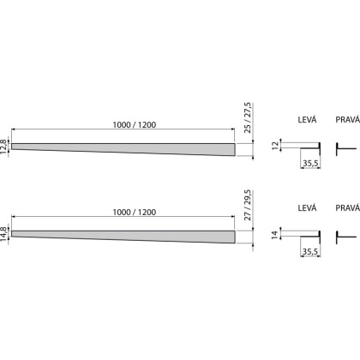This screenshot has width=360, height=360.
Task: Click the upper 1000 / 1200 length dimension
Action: point(135,125)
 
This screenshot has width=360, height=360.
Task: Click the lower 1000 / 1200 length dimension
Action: point(135,213)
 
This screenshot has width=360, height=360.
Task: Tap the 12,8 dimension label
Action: point(3,147)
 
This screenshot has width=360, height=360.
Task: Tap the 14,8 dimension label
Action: point(3,234)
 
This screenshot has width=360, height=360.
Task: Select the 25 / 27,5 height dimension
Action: point(248,117)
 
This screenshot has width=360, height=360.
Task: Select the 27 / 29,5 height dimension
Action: point(248,205)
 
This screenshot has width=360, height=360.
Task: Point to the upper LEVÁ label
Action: point(307,119)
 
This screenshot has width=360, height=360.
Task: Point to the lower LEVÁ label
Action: point(307,207)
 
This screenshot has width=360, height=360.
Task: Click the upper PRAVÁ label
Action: point(348,119)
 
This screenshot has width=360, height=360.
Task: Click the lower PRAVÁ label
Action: point(348,207)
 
